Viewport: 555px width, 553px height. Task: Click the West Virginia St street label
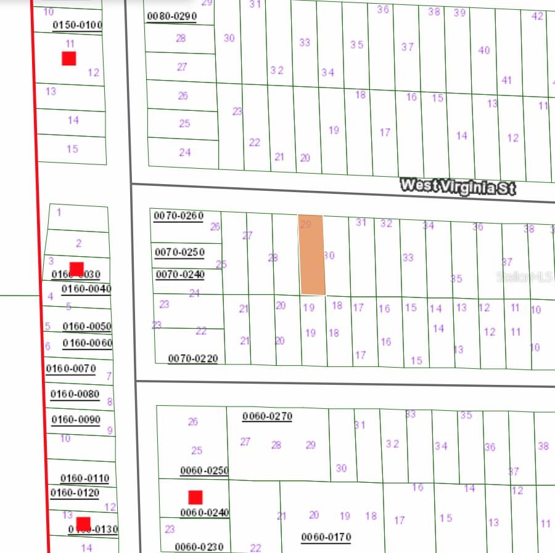click(457, 186)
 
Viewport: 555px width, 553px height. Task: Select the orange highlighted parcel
click(311, 255)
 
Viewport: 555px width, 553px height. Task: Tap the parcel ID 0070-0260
click(178, 216)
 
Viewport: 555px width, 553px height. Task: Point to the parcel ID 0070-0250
click(179, 252)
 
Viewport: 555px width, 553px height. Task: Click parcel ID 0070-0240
click(179, 275)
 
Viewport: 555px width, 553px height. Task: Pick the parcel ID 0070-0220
click(192, 358)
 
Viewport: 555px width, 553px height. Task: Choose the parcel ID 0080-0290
click(171, 17)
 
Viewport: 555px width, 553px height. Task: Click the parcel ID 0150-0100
click(77, 25)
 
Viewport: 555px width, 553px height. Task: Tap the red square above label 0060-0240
click(195, 497)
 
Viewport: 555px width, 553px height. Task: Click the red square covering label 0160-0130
click(83, 524)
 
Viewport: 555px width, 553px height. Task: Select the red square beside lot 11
click(68, 59)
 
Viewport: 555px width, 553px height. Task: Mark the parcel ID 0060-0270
click(267, 416)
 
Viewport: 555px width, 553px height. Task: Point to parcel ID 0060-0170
click(326, 537)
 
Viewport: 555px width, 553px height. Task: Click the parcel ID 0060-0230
click(199, 547)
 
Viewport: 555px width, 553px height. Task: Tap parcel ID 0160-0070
click(71, 369)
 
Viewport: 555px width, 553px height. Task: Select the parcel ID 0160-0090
click(76, 420)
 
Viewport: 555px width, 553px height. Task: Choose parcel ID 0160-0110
click(84, 478)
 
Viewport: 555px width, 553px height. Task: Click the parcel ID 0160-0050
click(87, 326)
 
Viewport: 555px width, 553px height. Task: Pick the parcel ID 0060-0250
click(204, 470)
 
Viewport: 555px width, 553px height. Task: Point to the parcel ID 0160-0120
click(75, 493)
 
